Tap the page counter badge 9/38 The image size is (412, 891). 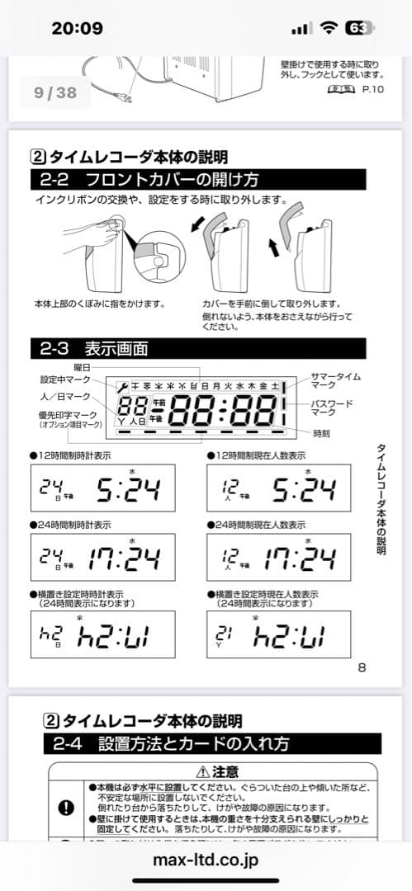pyautogui.click(x=56, y=93)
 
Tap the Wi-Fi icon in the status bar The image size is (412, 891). pyautogui.click(x=329, y=27)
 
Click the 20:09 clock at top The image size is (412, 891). pyautogui.click(x=77, y=28)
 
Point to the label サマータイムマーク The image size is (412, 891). pyautogui.click(x=335, y=380)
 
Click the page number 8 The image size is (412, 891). pyautogui.click(x=361, y=667)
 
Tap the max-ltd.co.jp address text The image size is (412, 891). pyautogui.click(x=206, y=860)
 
